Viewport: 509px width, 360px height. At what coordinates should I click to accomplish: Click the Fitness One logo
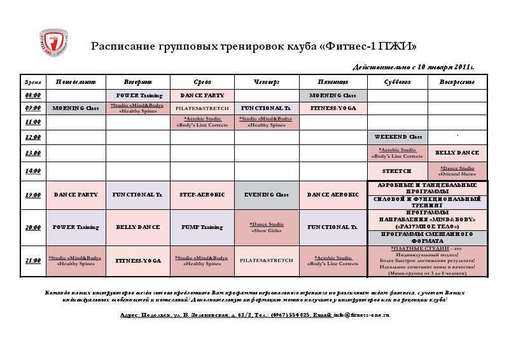click(54, 45)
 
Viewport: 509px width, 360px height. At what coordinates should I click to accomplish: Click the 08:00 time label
click(32, 95)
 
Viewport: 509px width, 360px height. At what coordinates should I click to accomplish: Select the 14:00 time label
click(32, 171)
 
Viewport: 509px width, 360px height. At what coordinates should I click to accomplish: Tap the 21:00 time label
click(32, 261)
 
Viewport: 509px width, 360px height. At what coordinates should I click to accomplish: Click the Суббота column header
click(398, 82)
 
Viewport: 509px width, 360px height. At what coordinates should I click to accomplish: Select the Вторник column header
click(138, 82)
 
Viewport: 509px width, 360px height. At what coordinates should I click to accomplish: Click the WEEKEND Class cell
click(398, 137)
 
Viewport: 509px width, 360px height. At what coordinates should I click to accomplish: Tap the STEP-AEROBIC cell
click(202, 195)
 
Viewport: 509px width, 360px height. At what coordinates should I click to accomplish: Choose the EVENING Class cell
click(267, 195)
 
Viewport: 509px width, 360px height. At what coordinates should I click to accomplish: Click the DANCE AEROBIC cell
click(333, 195)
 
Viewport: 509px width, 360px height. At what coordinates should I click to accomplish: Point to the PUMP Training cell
click(202, 227)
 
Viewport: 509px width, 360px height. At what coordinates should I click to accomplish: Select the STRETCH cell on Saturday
click(398, 171)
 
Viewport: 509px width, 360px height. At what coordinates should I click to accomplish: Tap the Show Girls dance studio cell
click(267, 227)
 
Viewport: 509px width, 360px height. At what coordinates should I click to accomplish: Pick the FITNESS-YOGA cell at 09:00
click(333, 109)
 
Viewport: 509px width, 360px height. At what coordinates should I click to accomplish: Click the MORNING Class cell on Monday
click(76, 109)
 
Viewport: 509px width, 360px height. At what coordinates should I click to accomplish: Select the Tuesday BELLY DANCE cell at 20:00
click(138, 227)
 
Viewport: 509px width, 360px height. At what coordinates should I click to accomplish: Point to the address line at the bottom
click(254, 315)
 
